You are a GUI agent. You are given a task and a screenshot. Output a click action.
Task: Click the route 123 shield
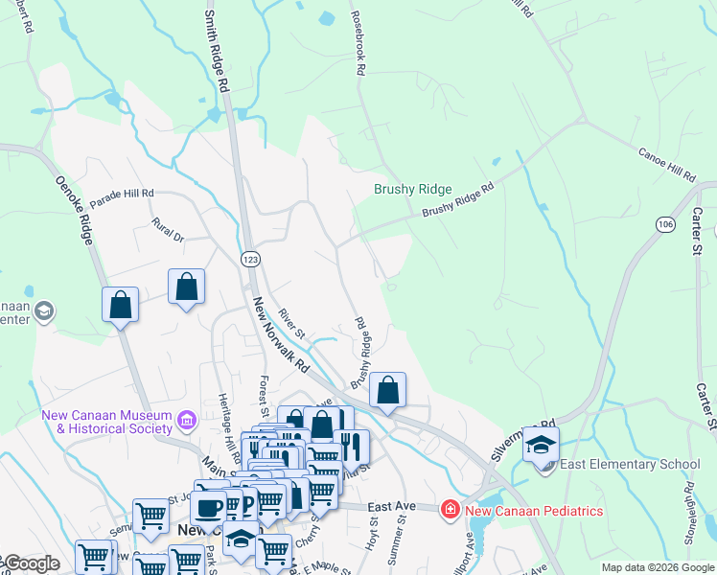coord(250,259)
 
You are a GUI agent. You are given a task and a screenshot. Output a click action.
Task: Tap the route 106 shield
coord(665,223)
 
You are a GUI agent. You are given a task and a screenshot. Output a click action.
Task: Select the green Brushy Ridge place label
coord(412,190)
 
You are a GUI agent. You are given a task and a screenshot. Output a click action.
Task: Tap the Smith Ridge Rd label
coord(217,51)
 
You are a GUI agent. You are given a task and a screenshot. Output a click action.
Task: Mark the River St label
coord(290,321)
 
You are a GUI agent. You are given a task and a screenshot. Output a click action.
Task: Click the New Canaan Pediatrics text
coord(534,510)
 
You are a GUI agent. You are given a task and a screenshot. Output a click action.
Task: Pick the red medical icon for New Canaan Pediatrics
coord(449,509)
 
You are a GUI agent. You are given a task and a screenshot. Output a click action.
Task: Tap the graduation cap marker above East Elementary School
coord(541,445)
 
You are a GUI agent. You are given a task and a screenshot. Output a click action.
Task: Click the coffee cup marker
coord(209,508)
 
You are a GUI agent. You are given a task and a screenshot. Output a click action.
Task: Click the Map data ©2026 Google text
coord(657,567)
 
